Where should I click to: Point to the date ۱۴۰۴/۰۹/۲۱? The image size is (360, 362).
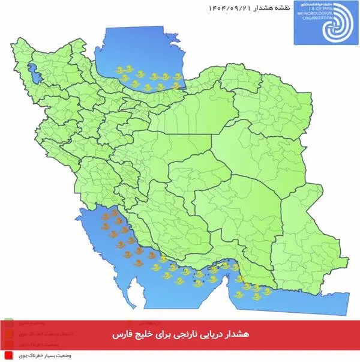click(x=229, y=8)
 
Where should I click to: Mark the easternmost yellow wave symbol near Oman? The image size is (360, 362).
click(x=267, y=291)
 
